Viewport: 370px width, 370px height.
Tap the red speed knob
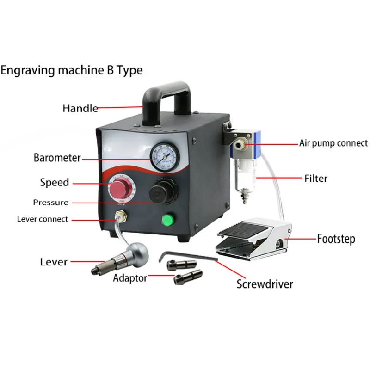(121, 190)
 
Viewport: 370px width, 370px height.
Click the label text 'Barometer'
(57, 158)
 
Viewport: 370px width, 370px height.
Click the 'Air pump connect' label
(333, 143)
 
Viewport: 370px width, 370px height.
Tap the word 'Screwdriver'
(265, 284)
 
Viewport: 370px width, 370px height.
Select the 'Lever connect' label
(42, 219)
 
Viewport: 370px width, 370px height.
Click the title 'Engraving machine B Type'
(72, 70)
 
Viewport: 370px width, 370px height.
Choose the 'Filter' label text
(315, 178)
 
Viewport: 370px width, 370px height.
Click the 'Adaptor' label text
(130, 278)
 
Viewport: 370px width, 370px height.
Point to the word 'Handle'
(80, 108)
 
